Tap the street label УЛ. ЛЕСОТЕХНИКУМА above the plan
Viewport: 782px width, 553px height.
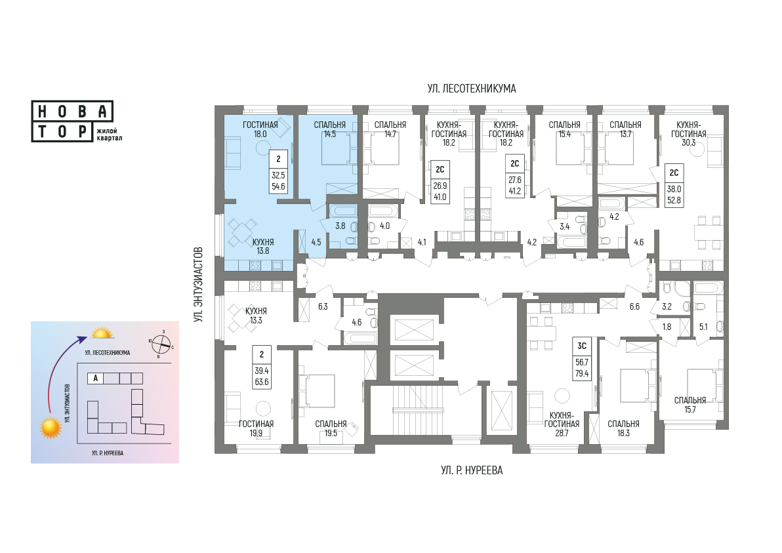pos(471,89)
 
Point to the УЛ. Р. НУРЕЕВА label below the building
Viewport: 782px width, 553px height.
pos(471,470)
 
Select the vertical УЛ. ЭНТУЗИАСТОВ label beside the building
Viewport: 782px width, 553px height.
pos(199,284)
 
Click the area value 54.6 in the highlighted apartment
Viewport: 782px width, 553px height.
pos(278,187)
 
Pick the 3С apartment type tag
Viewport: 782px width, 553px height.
pos(581,346)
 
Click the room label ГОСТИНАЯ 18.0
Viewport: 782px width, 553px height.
pos(260,129)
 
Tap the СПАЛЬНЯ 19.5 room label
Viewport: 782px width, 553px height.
pos(331,428)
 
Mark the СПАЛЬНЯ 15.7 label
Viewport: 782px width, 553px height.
pos(689,405)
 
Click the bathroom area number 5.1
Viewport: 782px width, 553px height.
pos(703,327)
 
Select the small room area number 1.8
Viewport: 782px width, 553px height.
pos(667,327)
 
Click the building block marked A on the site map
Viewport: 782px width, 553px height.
pos(95,379)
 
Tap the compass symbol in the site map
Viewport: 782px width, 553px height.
pos(161,344)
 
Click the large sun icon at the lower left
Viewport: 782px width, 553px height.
pos(51,428)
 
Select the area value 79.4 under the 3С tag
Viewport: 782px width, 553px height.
pos(581,373)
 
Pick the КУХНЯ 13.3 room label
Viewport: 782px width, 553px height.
pos(256,316)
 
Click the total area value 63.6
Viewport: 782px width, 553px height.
pos(262,382)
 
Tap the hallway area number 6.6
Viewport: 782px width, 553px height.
pos(634,306)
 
